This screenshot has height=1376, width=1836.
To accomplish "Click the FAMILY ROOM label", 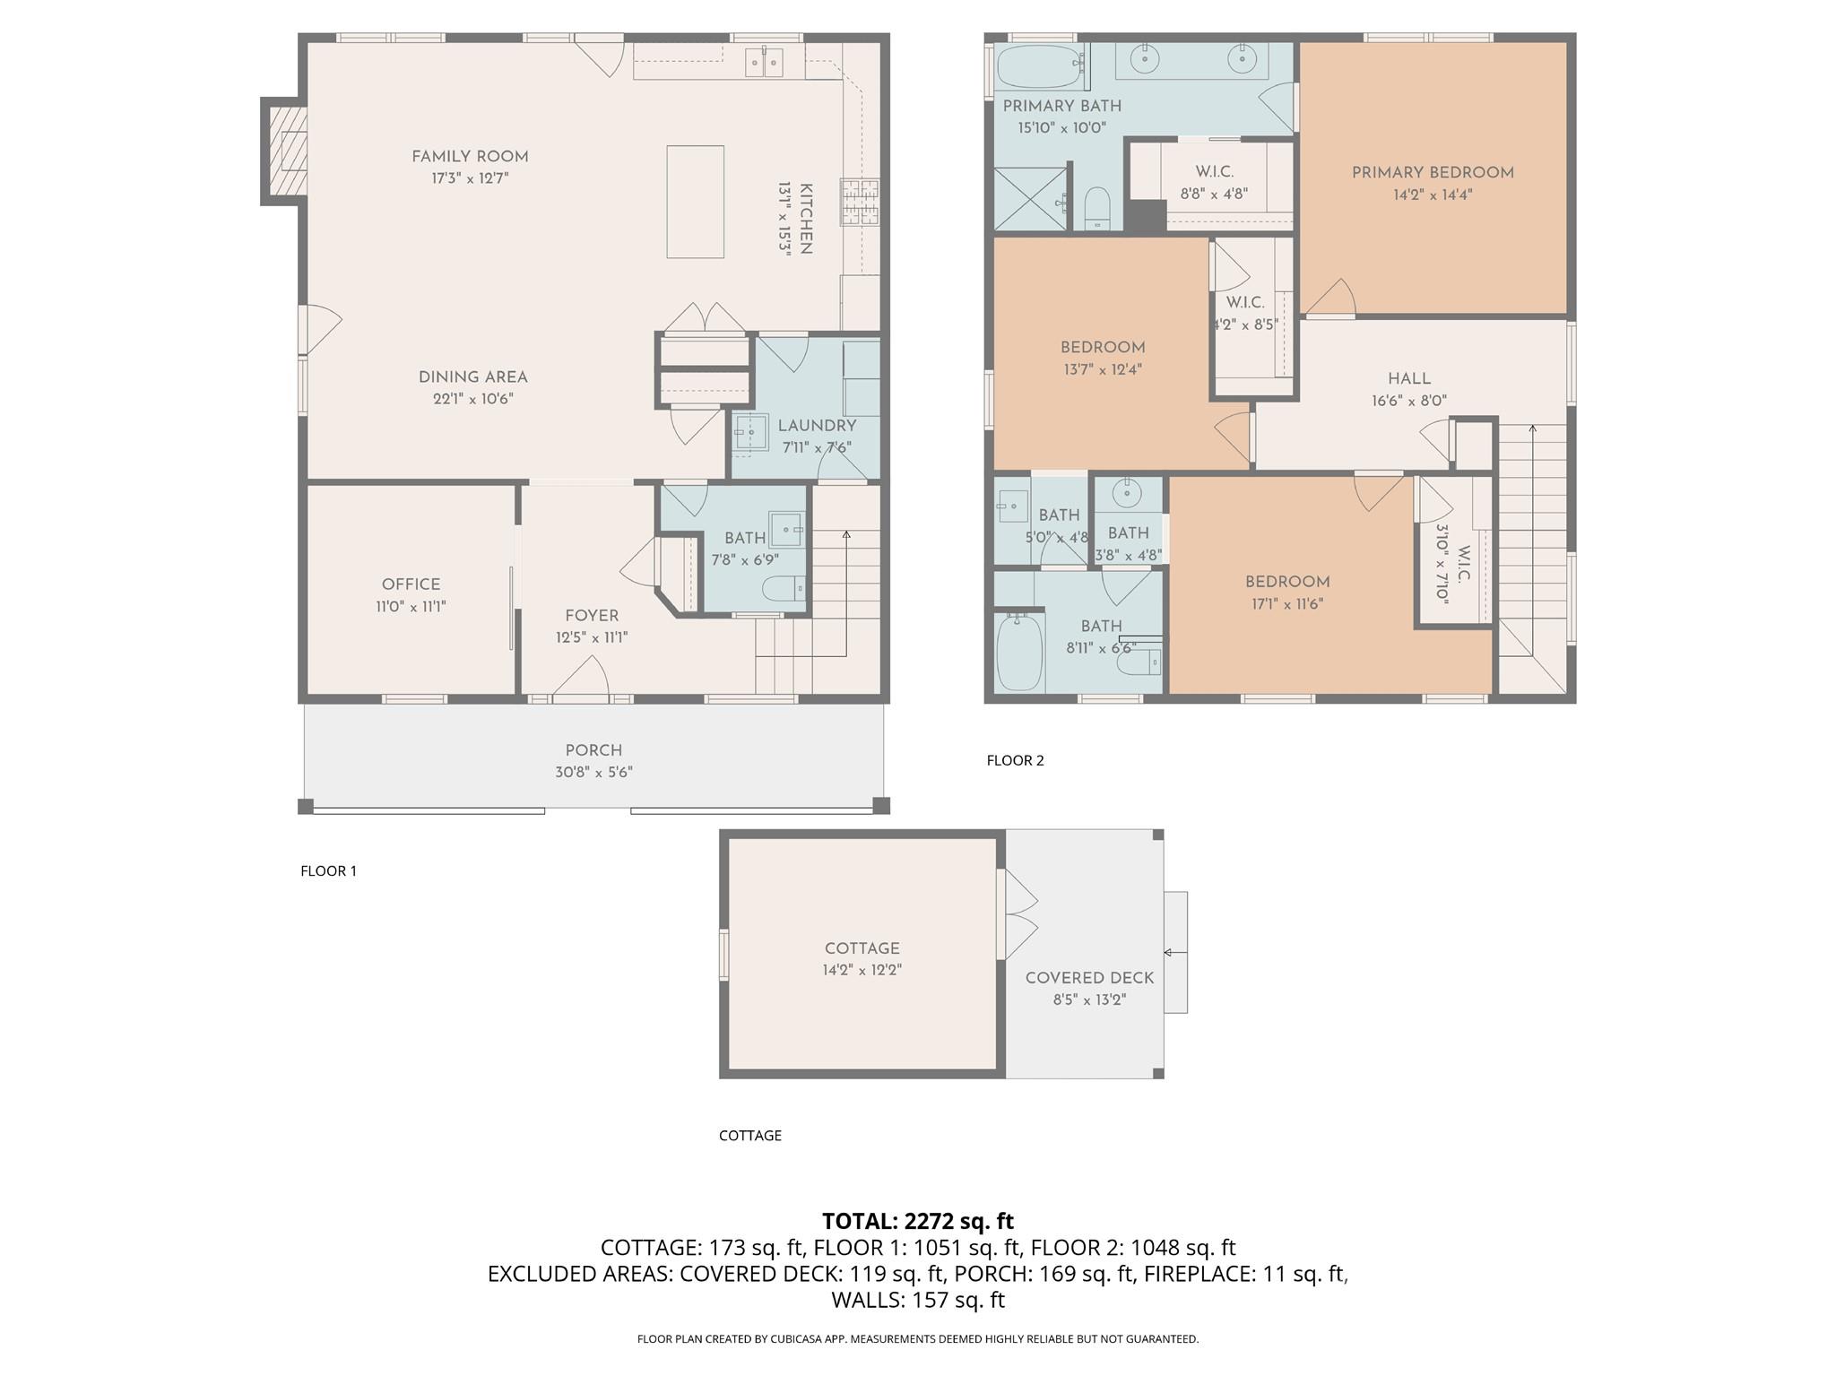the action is point(470,157).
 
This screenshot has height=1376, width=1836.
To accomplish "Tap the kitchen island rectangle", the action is point(695,202).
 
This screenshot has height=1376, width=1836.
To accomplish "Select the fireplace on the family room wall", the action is point(285,151).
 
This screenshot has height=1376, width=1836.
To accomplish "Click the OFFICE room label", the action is point(411,584).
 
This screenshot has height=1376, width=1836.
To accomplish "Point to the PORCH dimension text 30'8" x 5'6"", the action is point(593,773).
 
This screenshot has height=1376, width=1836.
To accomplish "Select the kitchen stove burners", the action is point(860,202).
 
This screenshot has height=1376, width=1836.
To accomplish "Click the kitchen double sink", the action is point(765,62).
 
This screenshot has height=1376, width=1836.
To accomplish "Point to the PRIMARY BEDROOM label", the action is point(1433,173).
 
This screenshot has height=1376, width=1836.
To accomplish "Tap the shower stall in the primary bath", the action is point(1031,198).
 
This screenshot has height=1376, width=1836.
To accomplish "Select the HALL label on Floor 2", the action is point(1409,379).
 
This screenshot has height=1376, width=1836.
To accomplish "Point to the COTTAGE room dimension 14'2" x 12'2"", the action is point(862,970).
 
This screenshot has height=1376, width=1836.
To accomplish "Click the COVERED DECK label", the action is point(1089,978).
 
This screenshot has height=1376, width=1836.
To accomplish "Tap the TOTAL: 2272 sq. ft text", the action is point(918,1221).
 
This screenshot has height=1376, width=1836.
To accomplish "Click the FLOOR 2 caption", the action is point(1015,760).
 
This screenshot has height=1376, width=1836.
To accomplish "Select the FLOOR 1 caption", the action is point(328,870).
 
